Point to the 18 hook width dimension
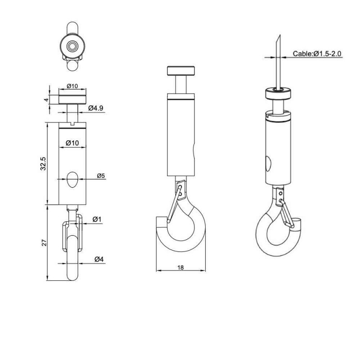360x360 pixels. tap(180, 267)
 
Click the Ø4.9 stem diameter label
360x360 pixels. tap(96, 108)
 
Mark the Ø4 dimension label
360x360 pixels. tap(99, 259)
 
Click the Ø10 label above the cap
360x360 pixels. tap(72, 86)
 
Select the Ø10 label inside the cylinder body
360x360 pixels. tap(72, 143)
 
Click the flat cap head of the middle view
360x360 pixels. tap(181, 71)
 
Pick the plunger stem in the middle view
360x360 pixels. tap(181, 84)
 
